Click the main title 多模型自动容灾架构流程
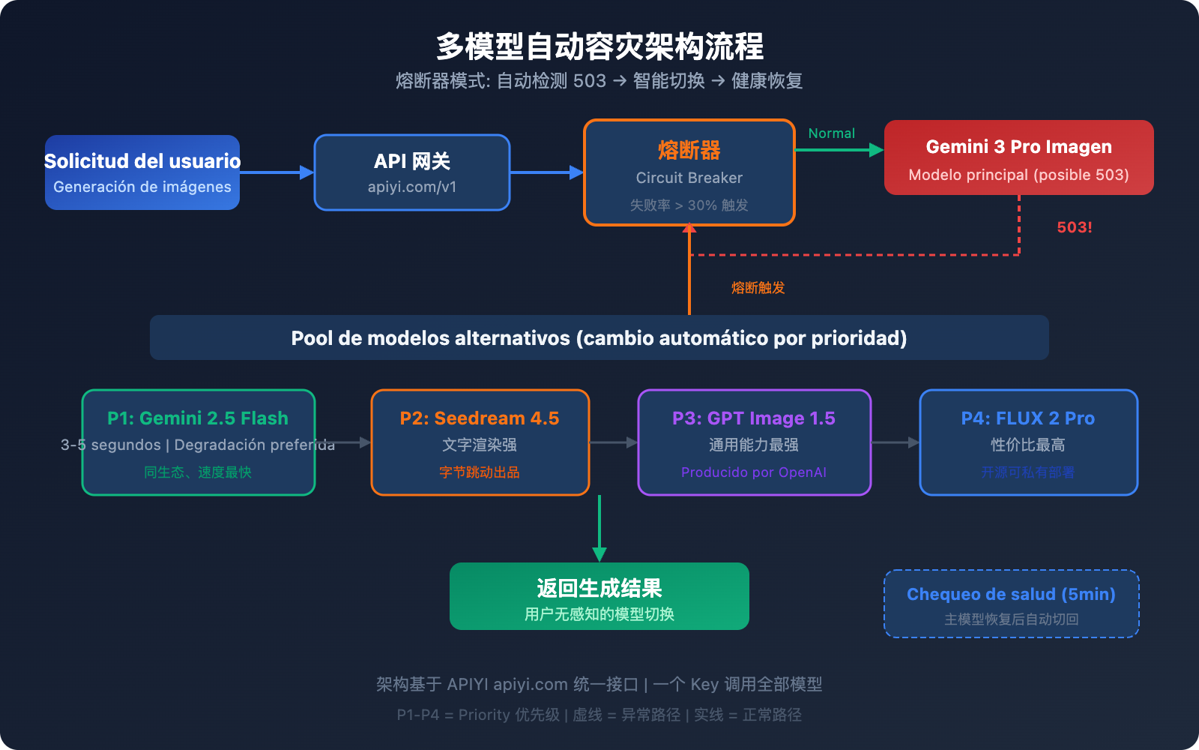coord(599,46)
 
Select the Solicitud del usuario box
coord(142,172)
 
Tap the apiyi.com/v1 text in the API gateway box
coord(411,187)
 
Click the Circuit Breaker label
coord(689,178)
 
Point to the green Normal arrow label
coord(831,133)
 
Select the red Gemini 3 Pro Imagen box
coord(1018,157)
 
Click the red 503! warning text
coord(1074,227)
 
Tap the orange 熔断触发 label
coord(758,288)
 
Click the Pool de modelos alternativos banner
coord(599,338)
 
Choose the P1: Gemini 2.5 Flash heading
coord(198,418)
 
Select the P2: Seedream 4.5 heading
coord(480,418)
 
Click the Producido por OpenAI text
coord(753,472)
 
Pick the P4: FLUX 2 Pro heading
coord(1027,418)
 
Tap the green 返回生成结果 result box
coord(599,596)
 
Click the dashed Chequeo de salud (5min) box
coord(1011,604)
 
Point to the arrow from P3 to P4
coord(896,442)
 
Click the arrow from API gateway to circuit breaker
coord(546,172)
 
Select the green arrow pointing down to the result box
coord(599,529)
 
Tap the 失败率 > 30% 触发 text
coord(689,205)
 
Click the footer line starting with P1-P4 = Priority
coord(599,715)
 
